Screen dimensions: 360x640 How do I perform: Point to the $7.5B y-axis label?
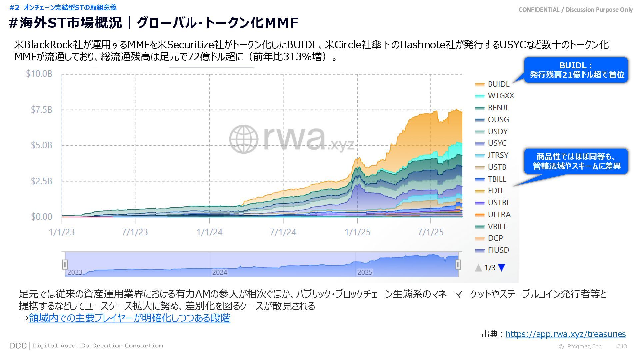coord(41,110)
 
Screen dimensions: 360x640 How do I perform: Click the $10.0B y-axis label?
coord(39,74)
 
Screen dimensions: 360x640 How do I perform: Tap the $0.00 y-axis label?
coord(42,217)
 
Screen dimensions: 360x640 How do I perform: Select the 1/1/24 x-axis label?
coord(209,232)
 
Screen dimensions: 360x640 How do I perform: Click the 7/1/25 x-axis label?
coord(431,232)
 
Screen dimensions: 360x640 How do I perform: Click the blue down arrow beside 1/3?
coord(502,267)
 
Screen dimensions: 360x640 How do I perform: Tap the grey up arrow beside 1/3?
coord(479,268)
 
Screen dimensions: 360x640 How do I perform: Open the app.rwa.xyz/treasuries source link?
coord(565,334)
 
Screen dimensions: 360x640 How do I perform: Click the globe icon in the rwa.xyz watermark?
coord(244,139)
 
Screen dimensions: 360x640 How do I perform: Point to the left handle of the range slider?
coord(65,264)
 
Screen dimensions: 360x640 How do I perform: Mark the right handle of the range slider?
coord(458,264)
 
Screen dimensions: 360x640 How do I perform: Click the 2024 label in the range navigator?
coord(219,272)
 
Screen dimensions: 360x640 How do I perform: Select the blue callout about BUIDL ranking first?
coord(576,70)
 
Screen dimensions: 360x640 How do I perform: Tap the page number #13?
coord(622,346)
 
